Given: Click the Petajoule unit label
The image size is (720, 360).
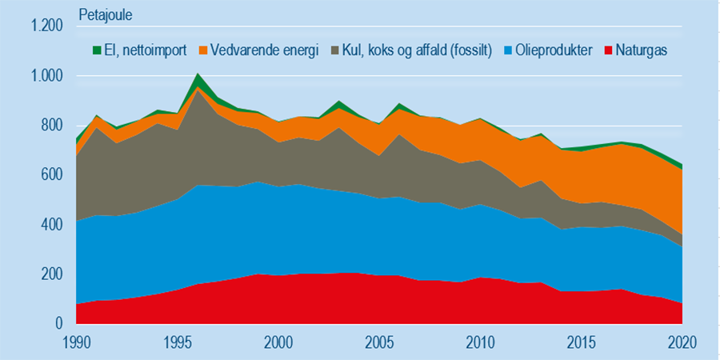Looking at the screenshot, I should tap(106, 14).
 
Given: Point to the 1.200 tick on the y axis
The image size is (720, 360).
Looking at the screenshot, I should tap(46, 26).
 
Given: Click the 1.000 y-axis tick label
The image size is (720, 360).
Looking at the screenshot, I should tap(46, 76).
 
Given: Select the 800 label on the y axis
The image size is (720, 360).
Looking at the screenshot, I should tap(51, 126).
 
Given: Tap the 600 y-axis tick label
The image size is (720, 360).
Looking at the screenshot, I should tap(51, 175).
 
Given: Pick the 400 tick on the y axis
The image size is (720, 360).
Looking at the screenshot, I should tap(51, 225).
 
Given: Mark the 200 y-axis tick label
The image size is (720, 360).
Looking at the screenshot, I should tap(51, 274).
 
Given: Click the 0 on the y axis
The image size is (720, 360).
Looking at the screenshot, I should tap(58, 324).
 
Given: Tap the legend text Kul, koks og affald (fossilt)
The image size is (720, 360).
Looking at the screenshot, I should tap(415, 50).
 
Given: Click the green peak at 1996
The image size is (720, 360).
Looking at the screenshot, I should tap(198, 80).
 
